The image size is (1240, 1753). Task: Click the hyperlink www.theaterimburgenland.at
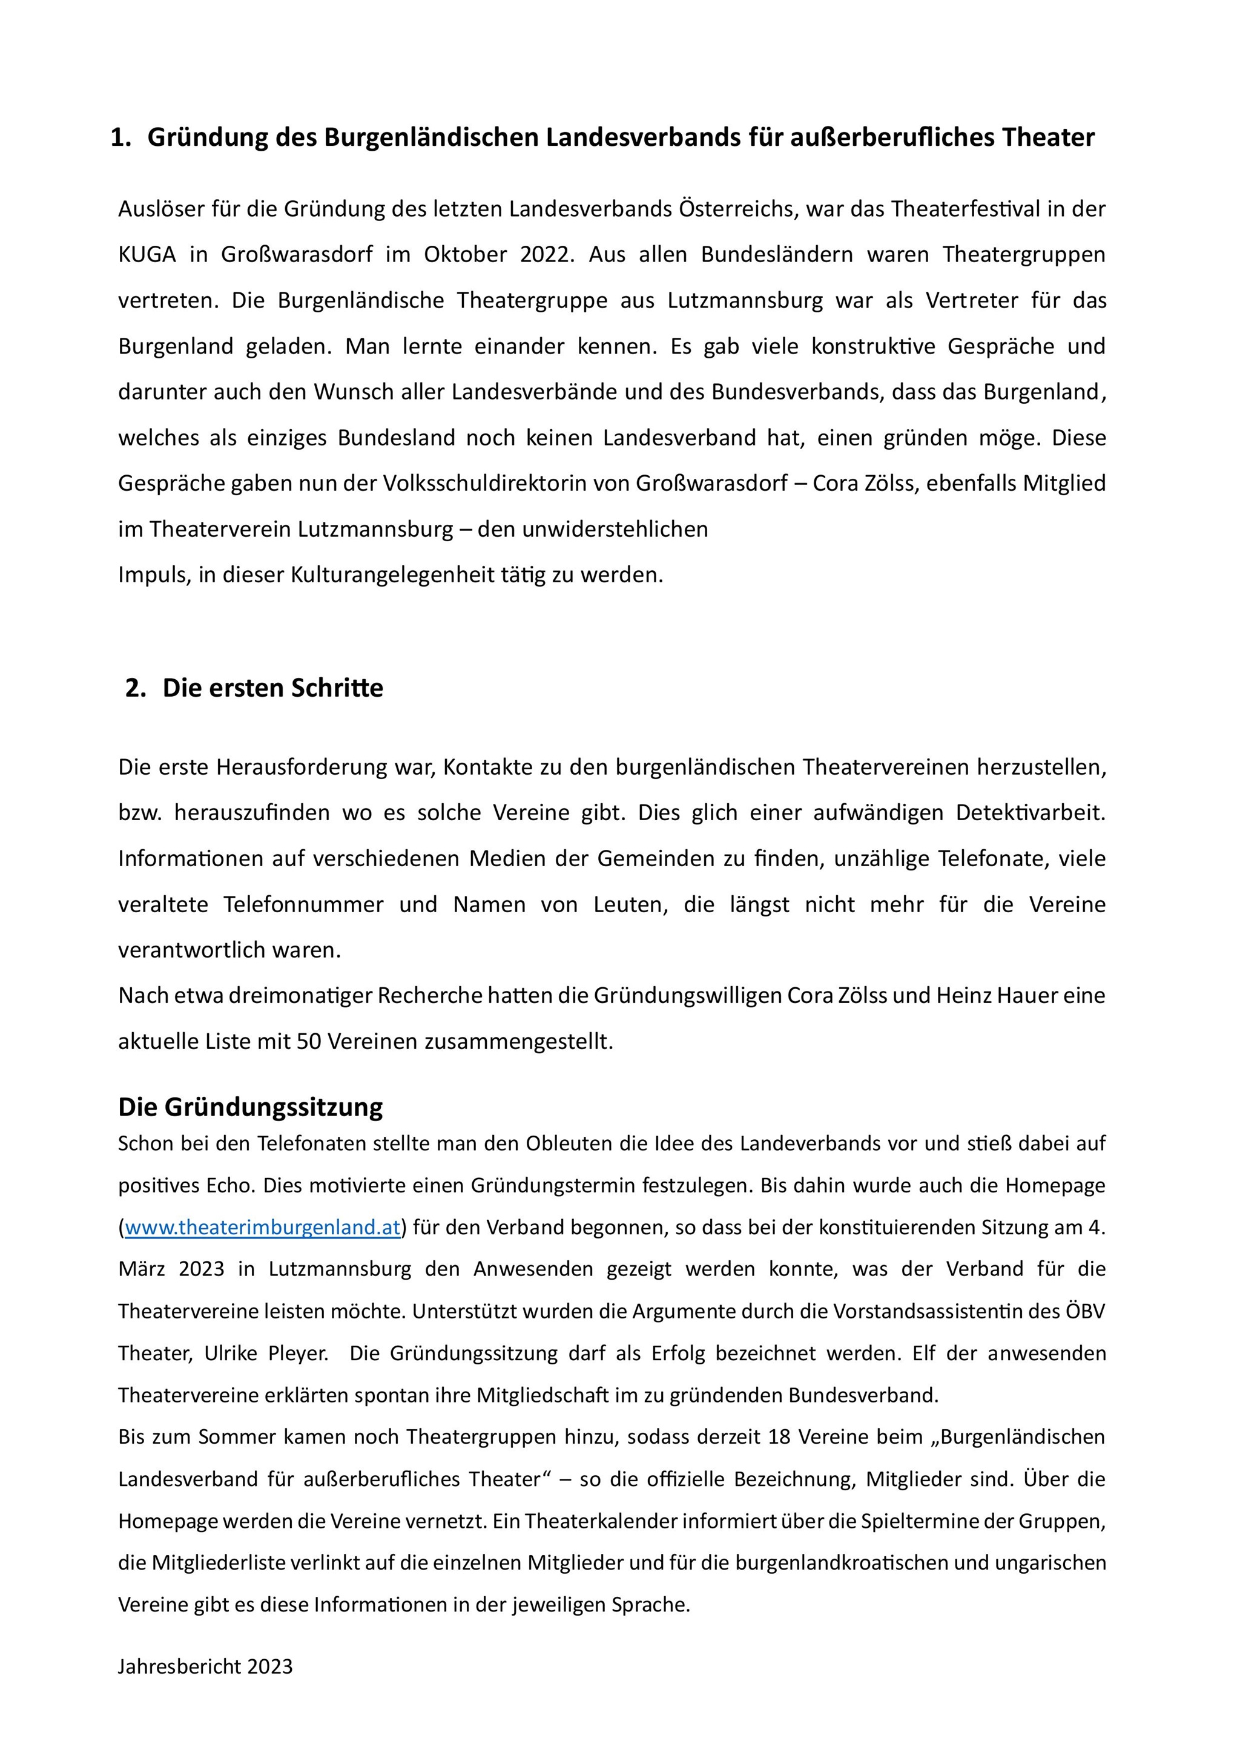[262, 1227]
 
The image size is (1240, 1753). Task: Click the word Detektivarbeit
[1031, 812]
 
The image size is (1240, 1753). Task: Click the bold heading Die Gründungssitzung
[251, 1107]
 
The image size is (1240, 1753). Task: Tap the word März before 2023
[143, 1269]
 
